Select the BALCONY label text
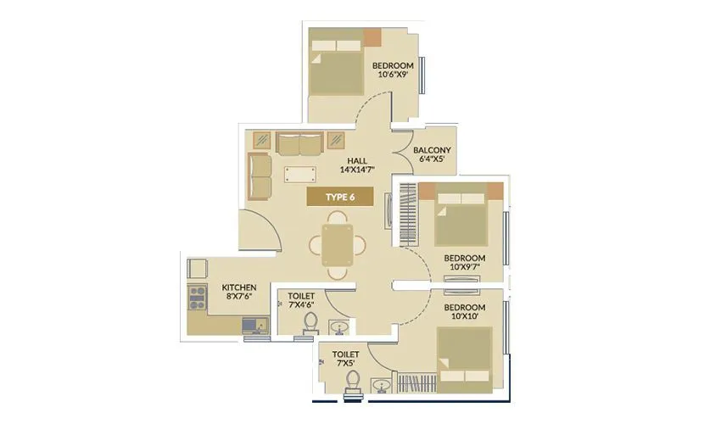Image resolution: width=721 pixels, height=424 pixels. [432, 152]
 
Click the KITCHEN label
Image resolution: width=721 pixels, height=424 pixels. [238, 287]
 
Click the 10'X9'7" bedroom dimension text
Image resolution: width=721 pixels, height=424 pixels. [465, 268]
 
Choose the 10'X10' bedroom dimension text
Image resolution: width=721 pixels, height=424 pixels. [464, 316]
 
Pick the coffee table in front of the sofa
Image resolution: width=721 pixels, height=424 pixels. [300, 174]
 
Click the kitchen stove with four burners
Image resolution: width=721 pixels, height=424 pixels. [198, 297]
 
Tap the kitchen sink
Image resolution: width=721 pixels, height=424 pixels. [253, 323]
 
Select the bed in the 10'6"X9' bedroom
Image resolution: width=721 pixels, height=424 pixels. [335, 64]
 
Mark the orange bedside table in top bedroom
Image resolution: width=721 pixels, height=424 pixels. [373, 37]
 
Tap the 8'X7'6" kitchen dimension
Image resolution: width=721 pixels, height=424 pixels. [238, 298]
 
